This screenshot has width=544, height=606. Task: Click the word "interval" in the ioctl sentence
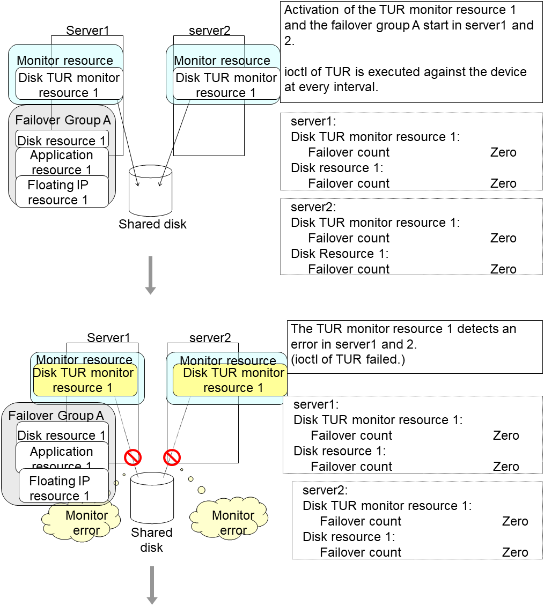point(358,87)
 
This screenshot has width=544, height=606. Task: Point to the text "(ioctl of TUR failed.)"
point(348,359)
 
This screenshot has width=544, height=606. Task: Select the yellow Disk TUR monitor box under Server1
point(83,380)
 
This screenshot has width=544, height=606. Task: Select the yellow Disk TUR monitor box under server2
point(230,380)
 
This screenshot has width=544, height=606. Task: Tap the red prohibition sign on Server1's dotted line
point(133,457)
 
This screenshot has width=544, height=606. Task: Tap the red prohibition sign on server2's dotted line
point(172,457)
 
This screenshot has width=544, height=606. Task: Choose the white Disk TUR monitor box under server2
point(226,85)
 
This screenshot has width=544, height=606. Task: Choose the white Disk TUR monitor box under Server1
point(69,85)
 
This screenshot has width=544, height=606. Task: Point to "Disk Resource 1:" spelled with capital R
point(340,254)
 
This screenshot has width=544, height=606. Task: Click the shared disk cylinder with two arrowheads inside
point(151,190)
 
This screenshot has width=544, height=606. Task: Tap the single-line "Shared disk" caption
point(152,224)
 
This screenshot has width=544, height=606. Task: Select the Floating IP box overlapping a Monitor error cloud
point(63,488)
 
